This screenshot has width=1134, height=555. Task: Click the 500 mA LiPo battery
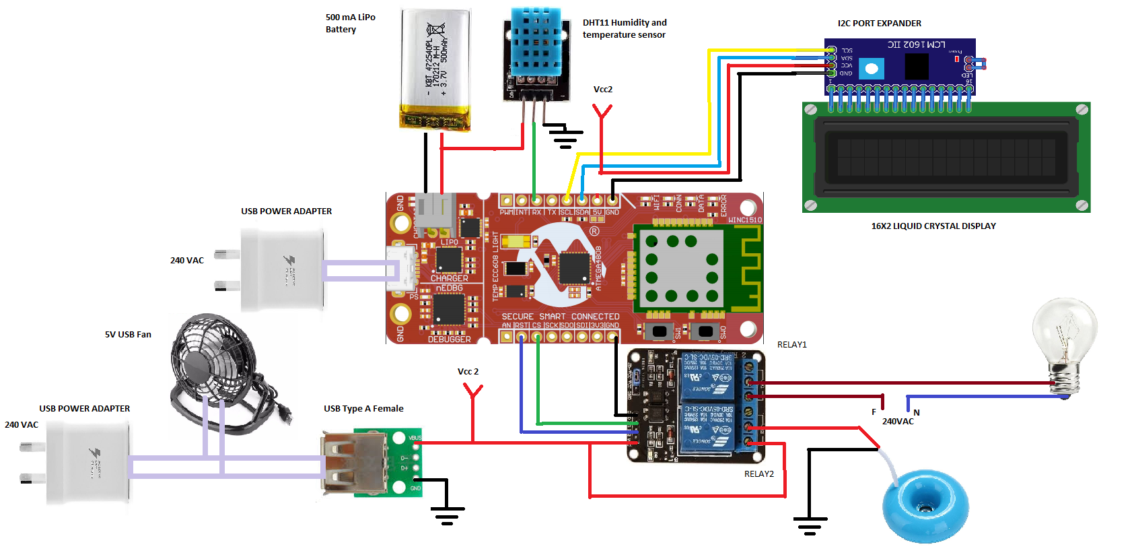pos(435,69)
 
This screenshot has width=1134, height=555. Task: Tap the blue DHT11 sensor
pos(536,42)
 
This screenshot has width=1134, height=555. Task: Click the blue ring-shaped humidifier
pos(925,506)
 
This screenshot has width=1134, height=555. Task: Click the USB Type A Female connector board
pos(371,463)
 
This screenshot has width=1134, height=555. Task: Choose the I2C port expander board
pos(900,66)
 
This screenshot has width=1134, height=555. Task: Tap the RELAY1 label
pos(791,345)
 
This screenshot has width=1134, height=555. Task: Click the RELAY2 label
pos(758,474)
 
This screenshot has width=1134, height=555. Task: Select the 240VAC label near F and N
pos(898,422)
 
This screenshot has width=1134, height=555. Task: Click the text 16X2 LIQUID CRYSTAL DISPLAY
pos(933,226)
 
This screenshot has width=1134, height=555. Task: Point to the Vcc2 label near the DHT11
pos(602,90)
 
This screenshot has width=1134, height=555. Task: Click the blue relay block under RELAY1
pos(707,376)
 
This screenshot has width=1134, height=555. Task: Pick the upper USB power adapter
pos(282,269)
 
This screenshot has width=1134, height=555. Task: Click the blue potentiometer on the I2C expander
pos(872,68)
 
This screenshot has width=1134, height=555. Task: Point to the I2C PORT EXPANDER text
pos(879,24)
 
